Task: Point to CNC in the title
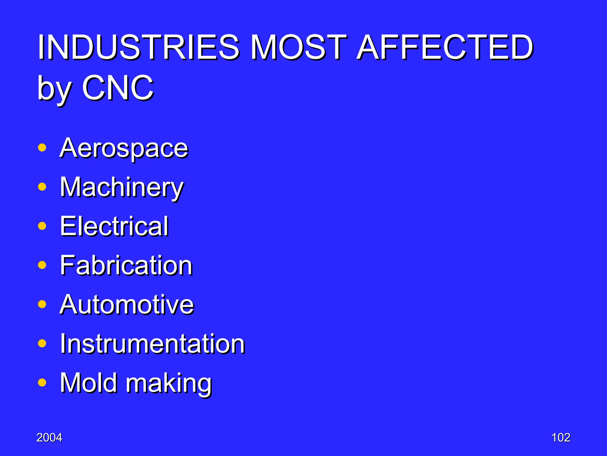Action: pos(118,88)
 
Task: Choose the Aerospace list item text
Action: pos(124,148)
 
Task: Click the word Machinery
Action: pos(122,188)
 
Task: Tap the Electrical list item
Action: pos(114,226)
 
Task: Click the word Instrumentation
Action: pos(152,343)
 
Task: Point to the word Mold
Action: pos(89,383)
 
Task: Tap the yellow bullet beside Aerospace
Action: pos(42,148)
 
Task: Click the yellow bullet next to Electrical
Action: pos(42,226)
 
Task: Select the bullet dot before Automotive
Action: pos(42,304)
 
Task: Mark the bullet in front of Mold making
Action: pos(42,382)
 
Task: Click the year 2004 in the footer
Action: pos(49,438)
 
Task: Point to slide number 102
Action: pos(561,438)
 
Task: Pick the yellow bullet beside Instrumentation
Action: pos(42,343)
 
